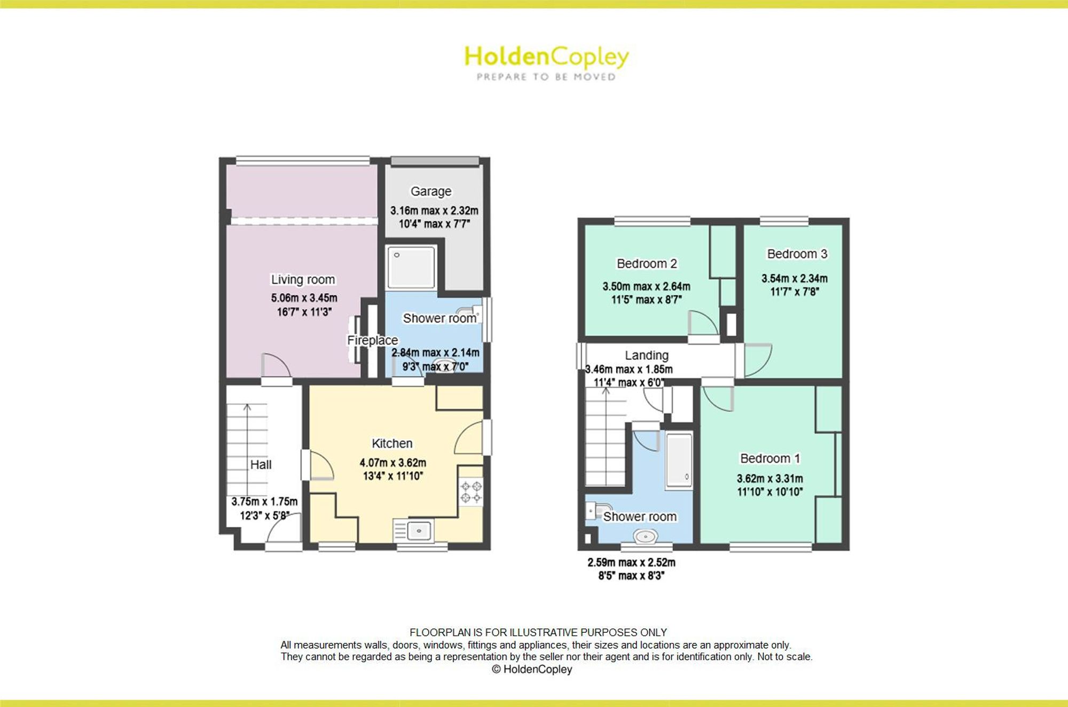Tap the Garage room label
[x=431, y=191]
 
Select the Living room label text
[x=303, y=279]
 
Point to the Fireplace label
[x=373, y=340]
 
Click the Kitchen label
[x=392, y=443]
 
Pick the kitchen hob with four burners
[x=471, y=492]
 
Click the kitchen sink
[x=420, y=531]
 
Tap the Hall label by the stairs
[x=261, y=465]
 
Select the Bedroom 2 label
[x=647, y=263]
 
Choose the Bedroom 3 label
[x=797, y=254]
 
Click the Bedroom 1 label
[x=769, y=458]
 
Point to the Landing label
[x=647, y=355]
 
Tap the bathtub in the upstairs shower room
[x=679, y=460]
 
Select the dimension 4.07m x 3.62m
[x=392, y=462]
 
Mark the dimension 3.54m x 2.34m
[x=795, y=278]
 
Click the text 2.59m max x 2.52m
[x=631, y=562]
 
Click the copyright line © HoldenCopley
[x=532, y=669]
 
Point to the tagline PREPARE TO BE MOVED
[x=546, y=77]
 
